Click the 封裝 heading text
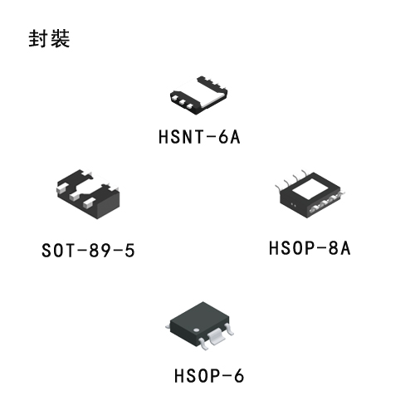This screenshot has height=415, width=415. point(49,38)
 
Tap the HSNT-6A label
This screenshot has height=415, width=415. point(199,137)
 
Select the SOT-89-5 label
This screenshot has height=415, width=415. point(88,251)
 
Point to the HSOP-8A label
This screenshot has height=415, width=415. point(310,248)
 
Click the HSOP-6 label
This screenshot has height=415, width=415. point(209,376)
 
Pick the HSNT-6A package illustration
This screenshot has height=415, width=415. point(198,95)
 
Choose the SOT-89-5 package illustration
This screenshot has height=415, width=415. point(88,194)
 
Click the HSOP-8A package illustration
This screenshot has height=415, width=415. point(310,193)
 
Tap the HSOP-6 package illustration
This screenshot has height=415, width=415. point(200,326)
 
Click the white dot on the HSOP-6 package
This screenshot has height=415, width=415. point(197,330)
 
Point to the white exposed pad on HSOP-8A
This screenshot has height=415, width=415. point(311,189)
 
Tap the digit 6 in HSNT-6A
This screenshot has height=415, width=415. point(223,137)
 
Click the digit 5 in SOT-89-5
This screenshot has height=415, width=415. point(129,251)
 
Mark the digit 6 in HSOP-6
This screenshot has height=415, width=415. point(239,376)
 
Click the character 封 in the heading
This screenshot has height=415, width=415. point(38,38)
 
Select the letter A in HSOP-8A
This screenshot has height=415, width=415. point(345,248)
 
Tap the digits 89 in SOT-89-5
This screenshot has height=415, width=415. point(100,251)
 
